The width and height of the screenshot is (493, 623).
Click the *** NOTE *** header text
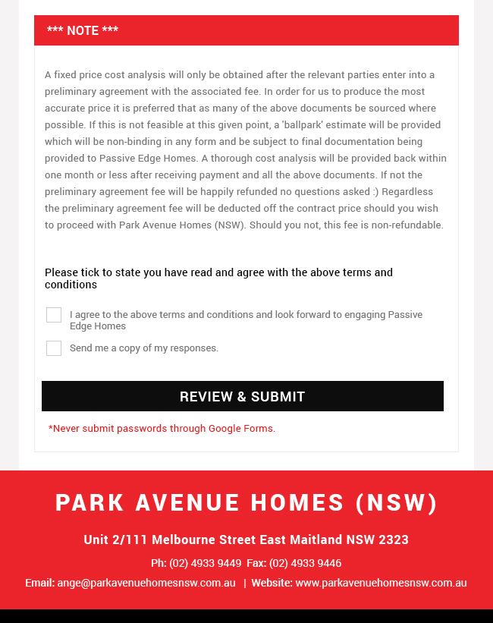tap(83, 30)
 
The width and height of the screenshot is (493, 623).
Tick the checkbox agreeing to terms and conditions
tap(54, 315)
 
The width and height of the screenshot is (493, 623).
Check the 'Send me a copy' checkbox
tap(54, 348)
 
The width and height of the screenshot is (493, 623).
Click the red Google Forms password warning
tap(162, 429)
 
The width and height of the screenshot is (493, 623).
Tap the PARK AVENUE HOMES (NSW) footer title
tap(246, 502)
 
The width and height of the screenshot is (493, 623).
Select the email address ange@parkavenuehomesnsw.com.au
tap(146, 583)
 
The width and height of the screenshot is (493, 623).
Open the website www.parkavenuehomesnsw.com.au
tap(381, 583)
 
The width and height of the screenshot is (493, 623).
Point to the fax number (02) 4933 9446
tap(305, 563)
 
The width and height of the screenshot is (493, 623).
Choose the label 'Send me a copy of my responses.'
tap(144, 348)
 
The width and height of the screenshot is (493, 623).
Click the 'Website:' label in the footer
tap(272, 583)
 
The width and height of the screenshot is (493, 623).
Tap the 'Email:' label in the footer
tap(39, 583)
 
